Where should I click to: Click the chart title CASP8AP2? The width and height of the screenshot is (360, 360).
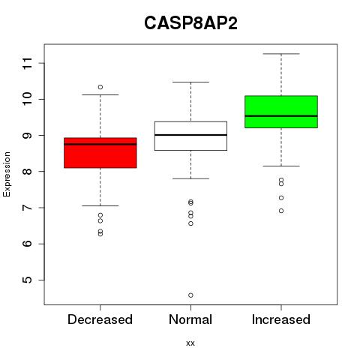click(x=190, y=23)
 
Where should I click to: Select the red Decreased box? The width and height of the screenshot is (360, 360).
click(x=100, y=153)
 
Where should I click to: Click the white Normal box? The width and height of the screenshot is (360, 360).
click(x=190, y=136)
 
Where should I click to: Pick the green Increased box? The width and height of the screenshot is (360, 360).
click(x=281, y=112)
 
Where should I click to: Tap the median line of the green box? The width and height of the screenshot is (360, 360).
click(x=281, y=116)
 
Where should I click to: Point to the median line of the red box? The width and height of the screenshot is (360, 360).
click(x=100, y=144)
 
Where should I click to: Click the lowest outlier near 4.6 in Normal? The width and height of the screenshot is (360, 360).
click(x=190, y=295)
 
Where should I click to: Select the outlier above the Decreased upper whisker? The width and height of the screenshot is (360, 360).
click(x=100, y=87)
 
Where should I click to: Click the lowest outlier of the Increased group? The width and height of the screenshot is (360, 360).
click(x=281, y=211)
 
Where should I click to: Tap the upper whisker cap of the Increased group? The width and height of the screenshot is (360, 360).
click(x=281, y=54)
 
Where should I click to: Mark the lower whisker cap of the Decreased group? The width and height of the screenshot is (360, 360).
click(x=100, y=205)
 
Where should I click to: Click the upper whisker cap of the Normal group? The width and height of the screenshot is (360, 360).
click(x=190, y=82)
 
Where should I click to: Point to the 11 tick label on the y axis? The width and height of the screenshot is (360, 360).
click(x=28, y=63)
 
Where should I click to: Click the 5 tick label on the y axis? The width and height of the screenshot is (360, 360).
click(x=28, y=280)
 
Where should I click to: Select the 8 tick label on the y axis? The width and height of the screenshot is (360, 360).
click(x=28, y=172)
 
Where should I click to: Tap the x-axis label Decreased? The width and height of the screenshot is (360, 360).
click(x=100, y=319)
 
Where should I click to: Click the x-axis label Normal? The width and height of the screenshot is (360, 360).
click(x=190, y=319)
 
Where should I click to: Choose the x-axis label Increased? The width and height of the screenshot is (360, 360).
click(x=281, y=319)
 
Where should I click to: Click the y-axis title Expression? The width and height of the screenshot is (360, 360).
click(x=7, y=174)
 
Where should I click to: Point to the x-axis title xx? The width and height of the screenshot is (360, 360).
click(x=190, y=343)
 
